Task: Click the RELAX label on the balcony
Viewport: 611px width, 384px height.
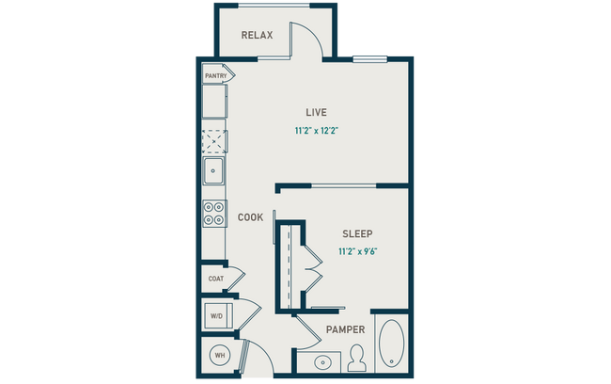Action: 257,36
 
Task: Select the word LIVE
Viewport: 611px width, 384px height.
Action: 302,112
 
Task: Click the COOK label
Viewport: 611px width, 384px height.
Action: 250,217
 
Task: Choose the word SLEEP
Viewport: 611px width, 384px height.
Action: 357,233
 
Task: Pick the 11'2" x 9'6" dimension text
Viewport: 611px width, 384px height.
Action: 362,251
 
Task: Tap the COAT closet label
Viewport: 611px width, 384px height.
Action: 215,279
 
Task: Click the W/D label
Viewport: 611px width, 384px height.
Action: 215,316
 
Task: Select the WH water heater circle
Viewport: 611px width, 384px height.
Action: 220,355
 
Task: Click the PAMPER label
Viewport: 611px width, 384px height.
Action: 345,329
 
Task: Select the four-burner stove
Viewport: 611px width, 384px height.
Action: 214,214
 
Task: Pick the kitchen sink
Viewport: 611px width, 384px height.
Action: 214,171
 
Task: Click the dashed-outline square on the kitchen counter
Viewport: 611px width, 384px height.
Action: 214,140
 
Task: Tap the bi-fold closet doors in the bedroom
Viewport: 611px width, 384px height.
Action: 312,274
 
